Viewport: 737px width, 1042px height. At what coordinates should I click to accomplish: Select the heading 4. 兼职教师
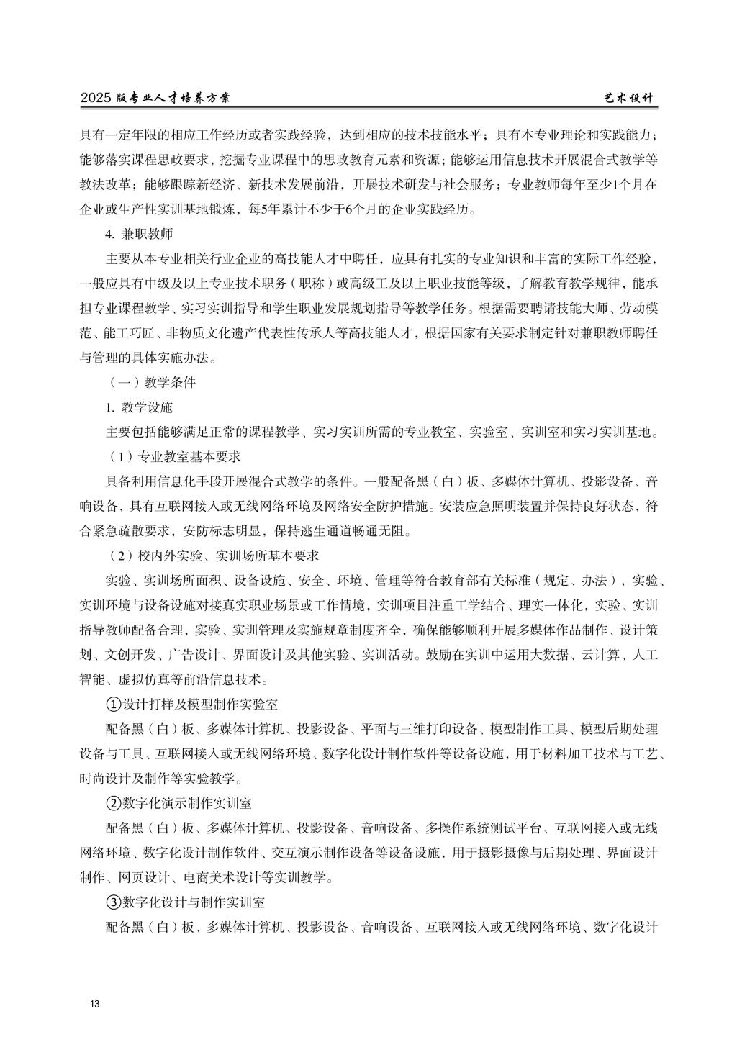[139, 234]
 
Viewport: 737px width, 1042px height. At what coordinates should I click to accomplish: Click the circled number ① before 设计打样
[113, 703]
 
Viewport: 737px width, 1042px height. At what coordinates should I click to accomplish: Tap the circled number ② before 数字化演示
[113, 802]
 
